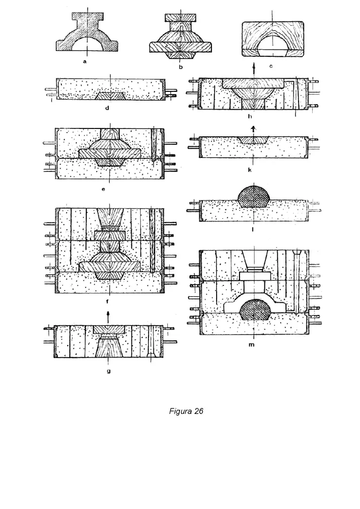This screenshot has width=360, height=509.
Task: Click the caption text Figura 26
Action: point(186,411)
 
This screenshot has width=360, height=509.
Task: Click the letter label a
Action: point(85,61)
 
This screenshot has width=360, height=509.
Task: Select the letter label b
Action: point(181,67)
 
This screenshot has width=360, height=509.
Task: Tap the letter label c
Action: point(271,66)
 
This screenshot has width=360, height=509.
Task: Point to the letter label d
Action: point(107,108)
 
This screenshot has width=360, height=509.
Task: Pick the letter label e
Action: point(103,189)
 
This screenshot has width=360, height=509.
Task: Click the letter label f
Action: point(107,301)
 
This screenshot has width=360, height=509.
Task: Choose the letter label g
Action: point(109,371)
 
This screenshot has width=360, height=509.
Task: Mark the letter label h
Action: point(250,116)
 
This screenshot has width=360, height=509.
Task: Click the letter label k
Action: point(250,170)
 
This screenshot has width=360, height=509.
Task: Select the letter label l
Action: point(253,230)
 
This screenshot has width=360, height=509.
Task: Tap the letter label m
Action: point(252,344)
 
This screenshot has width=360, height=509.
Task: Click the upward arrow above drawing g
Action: point(108,317)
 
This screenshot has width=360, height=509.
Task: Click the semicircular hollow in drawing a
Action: point(88,44)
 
